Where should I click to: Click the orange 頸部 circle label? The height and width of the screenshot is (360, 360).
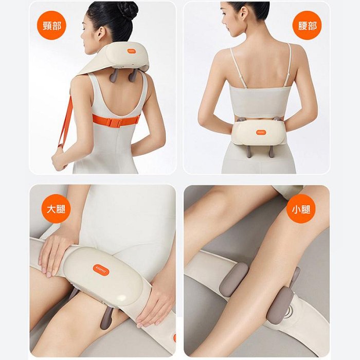(51, 25)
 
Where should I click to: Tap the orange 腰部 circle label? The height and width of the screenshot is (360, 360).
(307, 25)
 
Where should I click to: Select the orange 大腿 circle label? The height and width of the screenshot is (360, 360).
(56, 209)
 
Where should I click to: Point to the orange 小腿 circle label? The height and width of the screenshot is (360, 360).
(301, 209)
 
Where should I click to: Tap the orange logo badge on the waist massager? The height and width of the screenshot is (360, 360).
(261, 132)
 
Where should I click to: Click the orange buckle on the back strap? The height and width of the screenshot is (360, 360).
(114, 122)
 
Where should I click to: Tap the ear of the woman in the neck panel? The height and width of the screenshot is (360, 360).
(100, 32)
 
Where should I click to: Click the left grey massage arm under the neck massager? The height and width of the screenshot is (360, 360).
(114, 75)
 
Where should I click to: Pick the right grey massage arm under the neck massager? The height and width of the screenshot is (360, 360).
(133, 74)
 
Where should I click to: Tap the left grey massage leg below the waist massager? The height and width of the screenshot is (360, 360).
(248, 151)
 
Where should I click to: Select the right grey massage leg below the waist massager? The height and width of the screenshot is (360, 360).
(271, 151)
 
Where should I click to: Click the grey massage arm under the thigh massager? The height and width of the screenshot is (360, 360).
(106, 318)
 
